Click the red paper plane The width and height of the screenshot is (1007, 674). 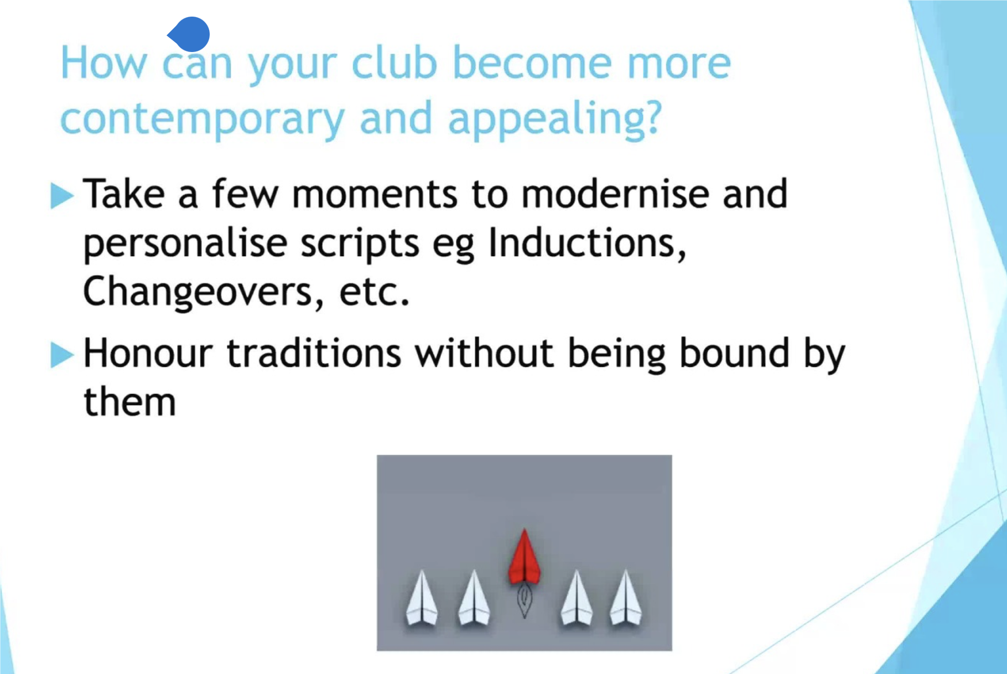(x=524, y=557)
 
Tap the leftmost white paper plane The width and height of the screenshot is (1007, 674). (x=422, y=599)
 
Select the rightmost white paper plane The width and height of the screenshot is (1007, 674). (x=625, y=599)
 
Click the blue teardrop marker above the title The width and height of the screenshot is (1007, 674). (x=189, y=34)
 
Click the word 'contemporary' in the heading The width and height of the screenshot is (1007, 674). (x=202, y=120)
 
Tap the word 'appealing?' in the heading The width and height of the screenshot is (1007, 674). (x=554, y=120)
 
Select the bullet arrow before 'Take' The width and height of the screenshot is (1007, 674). (x=62, y=195)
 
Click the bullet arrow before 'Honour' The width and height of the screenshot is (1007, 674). (x=62, y=355)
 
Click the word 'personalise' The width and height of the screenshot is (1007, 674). (x=185, y=244)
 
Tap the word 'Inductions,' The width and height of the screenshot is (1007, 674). (x=587, y=243)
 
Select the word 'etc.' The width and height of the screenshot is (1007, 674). (x=374, y=292)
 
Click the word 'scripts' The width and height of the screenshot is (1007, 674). (x=360, y=244)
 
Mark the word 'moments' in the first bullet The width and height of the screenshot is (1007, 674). (x=375, y=195)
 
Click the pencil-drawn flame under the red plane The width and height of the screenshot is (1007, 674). (x=524, y=602)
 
